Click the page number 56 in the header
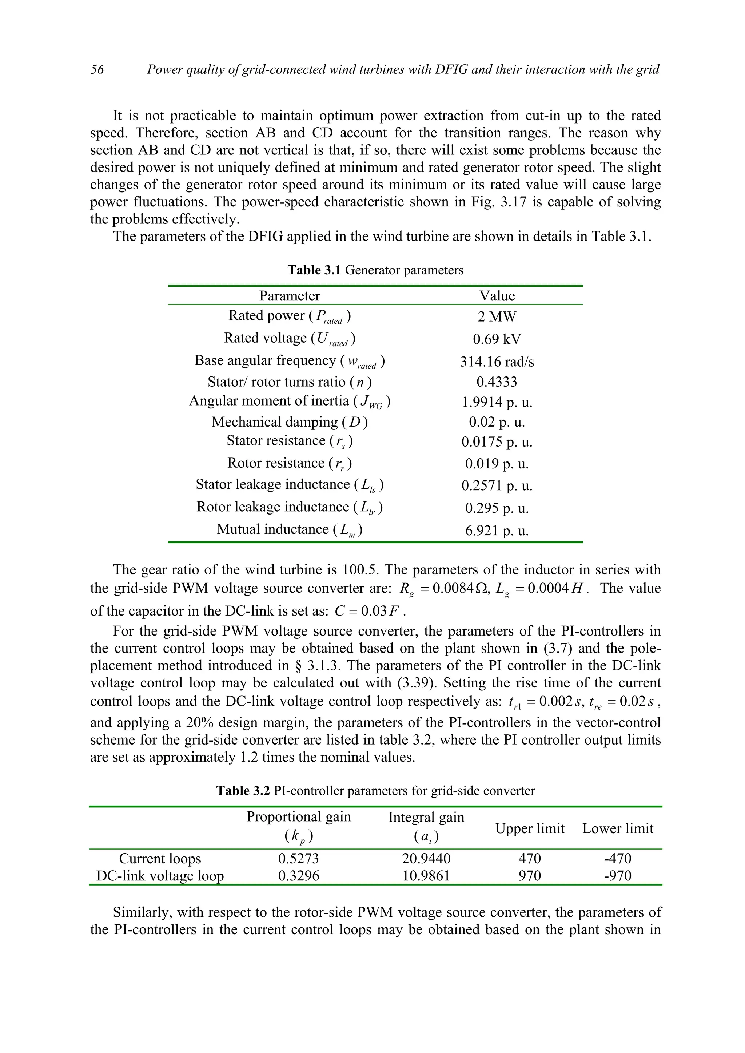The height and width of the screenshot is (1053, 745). click(97, 70)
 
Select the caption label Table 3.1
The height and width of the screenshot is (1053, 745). click(314, 270)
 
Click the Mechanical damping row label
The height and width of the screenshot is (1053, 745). click(289, 422)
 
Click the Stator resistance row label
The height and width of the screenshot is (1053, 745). click(289, 441)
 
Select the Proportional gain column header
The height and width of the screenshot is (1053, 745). click(298, 817)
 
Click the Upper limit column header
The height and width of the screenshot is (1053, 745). click(530, 828)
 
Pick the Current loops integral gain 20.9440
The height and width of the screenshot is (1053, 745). click(426, 858)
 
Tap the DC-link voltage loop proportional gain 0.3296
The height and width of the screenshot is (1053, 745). click(298, 876)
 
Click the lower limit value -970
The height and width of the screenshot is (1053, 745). click(617, 876)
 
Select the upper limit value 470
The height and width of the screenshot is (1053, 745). click(530, 858)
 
